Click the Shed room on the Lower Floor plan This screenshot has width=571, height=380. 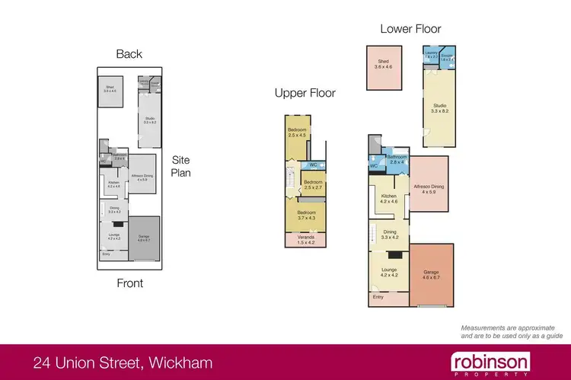383,62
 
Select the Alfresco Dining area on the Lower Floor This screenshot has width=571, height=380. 429,187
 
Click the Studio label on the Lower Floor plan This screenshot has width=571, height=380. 439,107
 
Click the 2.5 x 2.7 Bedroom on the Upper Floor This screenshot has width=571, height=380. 313,185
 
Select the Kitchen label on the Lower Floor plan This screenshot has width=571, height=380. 389,199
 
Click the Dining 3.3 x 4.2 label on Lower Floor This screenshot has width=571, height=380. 390,235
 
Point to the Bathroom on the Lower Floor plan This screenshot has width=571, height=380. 396,158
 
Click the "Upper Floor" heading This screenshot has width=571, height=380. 305,94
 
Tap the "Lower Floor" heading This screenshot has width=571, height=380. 410,29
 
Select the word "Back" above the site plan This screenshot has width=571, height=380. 129,54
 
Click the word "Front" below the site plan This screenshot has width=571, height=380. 129,283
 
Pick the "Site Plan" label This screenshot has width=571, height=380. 180,166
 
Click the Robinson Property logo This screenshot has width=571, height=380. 490,362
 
